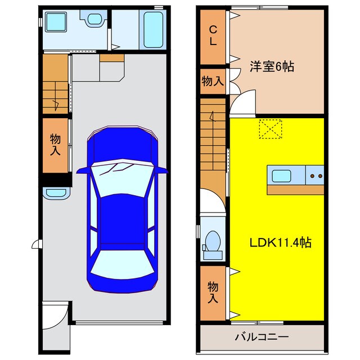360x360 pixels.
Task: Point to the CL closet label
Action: (x=214, y=35)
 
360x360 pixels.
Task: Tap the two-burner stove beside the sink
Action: (x=316, y=175)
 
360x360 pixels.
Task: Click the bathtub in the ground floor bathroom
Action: (x=154, y=29)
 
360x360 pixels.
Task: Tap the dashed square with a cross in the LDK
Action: (x=270, y=129)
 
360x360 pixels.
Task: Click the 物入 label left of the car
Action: (x=55, y=145)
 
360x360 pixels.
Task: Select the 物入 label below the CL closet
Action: (x=213, y=81)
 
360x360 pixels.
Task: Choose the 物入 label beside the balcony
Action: (x=213, y=291)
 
